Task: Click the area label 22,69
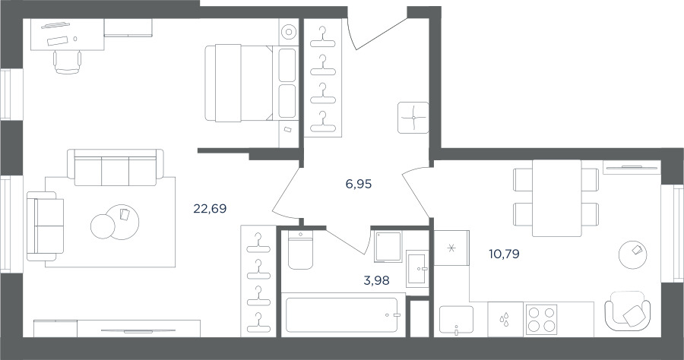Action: (x=210, y=209)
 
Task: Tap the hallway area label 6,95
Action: (x=358, y=185)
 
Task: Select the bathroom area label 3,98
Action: (x=376, y=281)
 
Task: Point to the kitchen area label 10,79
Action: (x=504, y=254)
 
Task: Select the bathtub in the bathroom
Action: (x=341, y=315)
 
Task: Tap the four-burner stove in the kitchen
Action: (x=541, y=319)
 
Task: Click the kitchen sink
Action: (x=456, y=321)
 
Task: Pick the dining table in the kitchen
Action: (x=556, y=198)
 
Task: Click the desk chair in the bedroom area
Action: (x=67, y=62)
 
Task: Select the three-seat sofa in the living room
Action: (x=116, y=167)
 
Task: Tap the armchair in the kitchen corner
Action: (x=627, y=311)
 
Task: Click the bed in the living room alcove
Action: (x=252, y=83)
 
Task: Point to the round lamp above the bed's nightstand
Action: (x=288, y=32)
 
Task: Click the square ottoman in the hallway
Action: (x=413, y=118)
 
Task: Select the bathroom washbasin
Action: (x=417, y=268)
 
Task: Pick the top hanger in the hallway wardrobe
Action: (x=323, y=38)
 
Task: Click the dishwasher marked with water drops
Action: (x=505, y=320)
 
